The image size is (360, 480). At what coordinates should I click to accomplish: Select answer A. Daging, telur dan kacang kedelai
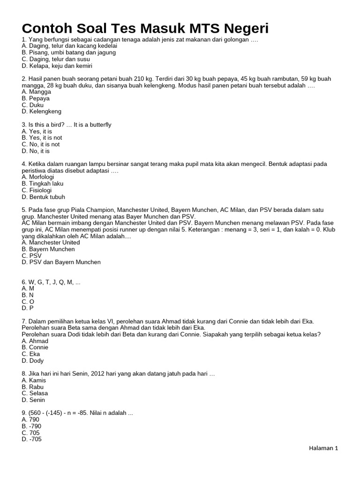[x=69, y=46]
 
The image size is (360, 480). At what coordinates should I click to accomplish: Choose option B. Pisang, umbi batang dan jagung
[x=68, y=52]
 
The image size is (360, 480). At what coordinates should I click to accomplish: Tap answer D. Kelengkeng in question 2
[x=41, y=112]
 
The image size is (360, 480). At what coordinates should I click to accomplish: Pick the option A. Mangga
[x=36, y=92]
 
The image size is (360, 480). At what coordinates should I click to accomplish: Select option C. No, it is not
[x=40, y=144]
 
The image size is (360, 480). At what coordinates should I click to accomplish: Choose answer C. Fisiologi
[x=37, y=190]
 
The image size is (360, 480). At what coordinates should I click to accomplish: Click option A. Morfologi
[x=37, y=177]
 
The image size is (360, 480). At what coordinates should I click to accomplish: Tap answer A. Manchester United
[x=51, y=243]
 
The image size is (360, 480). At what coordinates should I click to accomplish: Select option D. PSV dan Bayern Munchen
[x=61, y=262]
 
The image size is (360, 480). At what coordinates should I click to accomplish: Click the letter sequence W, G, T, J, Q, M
[x=48, y=282]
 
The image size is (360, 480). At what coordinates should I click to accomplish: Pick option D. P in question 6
[x=28, y=308]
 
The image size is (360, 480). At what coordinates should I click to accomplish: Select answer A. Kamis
[x=34, y=380]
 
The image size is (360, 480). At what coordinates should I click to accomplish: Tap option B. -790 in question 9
[x=31, y=426]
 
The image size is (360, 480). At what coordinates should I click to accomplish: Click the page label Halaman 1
[x=323, y=448]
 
